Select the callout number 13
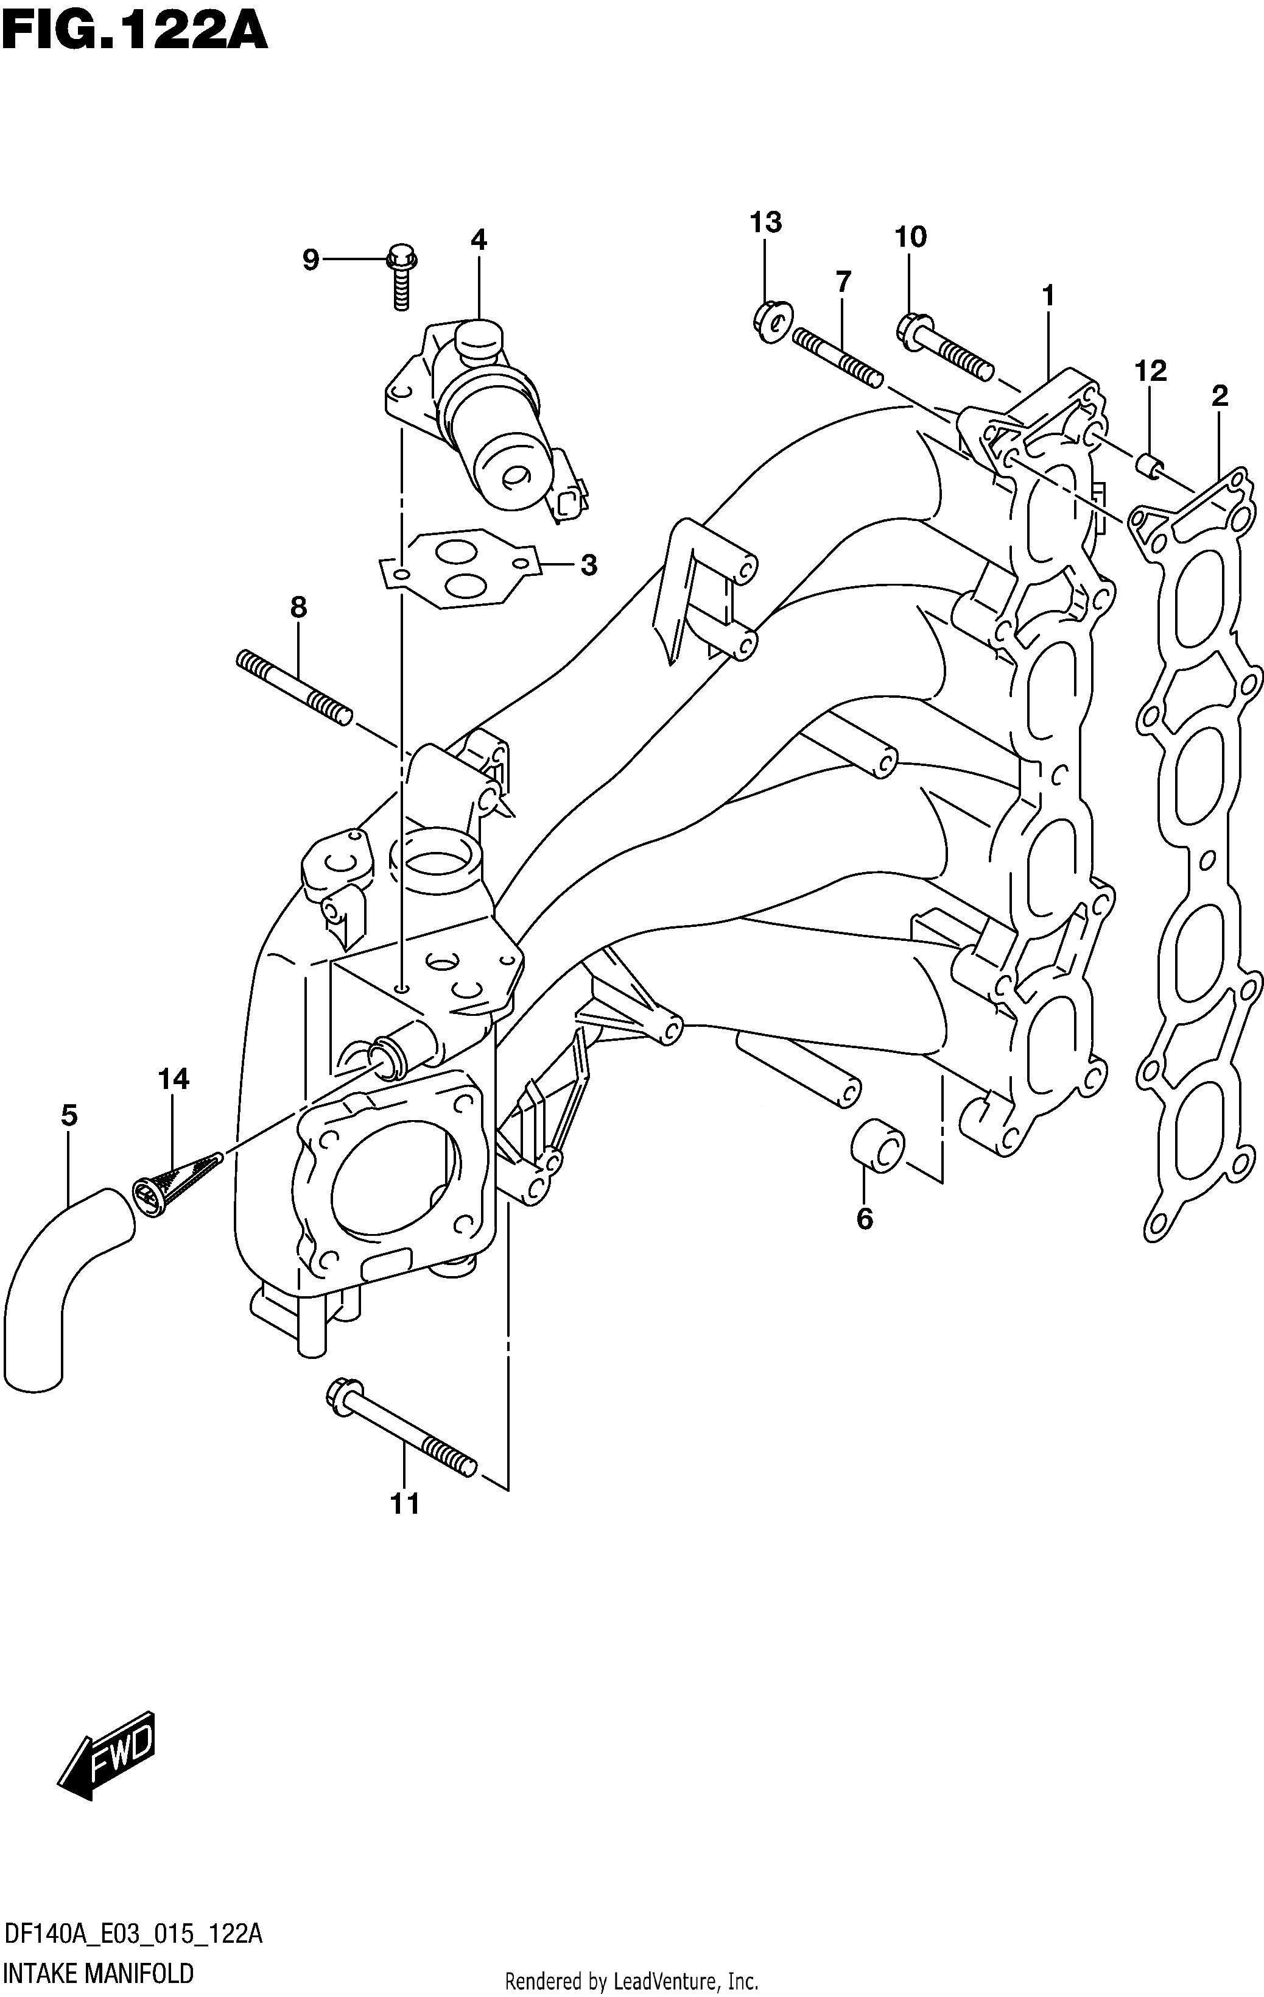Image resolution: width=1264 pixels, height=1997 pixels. click(x=766, y=222)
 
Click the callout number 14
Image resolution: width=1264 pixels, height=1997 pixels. click(x=174, y=1079)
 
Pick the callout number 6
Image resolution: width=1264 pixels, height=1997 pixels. click(x=865, y=1219)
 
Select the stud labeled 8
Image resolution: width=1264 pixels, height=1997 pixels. click(x=294, y=687)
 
